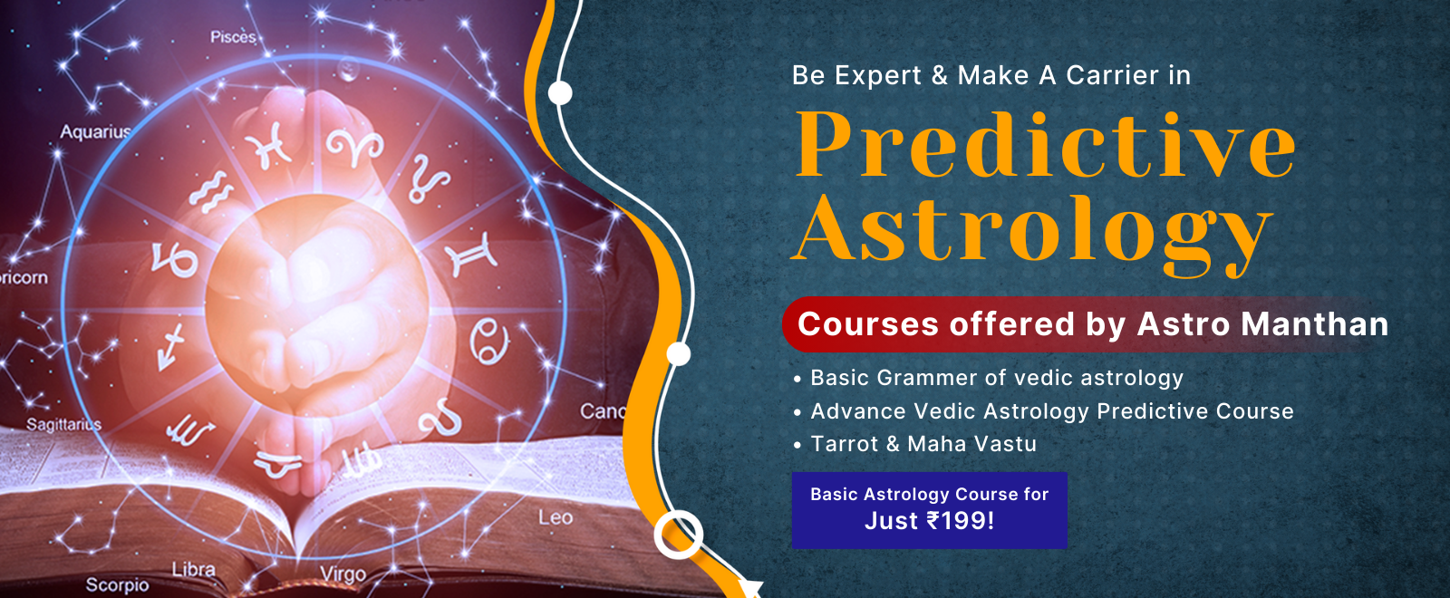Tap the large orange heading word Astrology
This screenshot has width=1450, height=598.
click(1033, 235)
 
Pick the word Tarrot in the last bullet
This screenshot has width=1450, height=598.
click(842, 444)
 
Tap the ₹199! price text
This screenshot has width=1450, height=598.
click(961, 521)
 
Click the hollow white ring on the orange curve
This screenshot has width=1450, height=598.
click(679, 535)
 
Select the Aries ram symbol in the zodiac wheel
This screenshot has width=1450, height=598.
click(354, 148)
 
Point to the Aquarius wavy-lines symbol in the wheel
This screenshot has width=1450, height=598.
click(209, 191)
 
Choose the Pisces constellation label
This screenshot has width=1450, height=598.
click(233, 37)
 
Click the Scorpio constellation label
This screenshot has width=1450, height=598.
click(117, 585)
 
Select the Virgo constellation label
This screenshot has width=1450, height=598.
click(343, 574)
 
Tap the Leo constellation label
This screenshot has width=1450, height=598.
click(556, 517)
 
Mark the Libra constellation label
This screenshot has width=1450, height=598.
click(194, 570)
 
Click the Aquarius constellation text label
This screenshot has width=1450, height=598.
click(96, 132)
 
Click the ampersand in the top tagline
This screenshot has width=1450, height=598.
click(939, 76)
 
